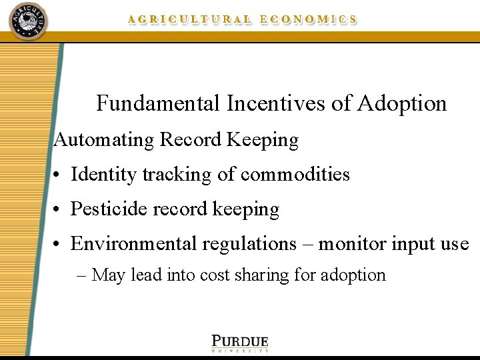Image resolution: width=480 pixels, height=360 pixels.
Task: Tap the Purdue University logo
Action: [240, 343]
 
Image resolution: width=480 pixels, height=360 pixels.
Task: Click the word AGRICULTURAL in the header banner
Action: [190, 20]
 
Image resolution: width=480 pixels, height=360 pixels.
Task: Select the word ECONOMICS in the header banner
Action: [309, 20]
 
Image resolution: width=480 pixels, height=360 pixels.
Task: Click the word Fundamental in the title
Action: [157, 104]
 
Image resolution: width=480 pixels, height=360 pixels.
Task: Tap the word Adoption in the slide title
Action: [402, 104]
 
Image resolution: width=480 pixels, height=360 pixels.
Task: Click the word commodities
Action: [295, 175]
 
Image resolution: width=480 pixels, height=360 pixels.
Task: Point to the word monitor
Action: [353, 244]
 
